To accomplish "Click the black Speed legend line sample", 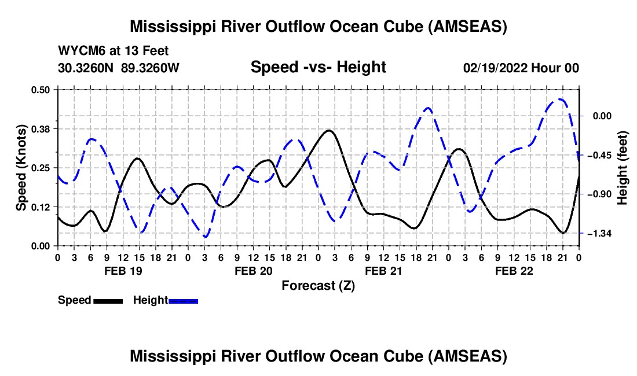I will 108,300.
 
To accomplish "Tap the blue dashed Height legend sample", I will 184,300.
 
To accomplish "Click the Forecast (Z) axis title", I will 318,285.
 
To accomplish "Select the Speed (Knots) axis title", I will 21,168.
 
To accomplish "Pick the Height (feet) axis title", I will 623,168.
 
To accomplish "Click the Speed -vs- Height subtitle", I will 318,67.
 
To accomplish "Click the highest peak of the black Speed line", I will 329,131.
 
